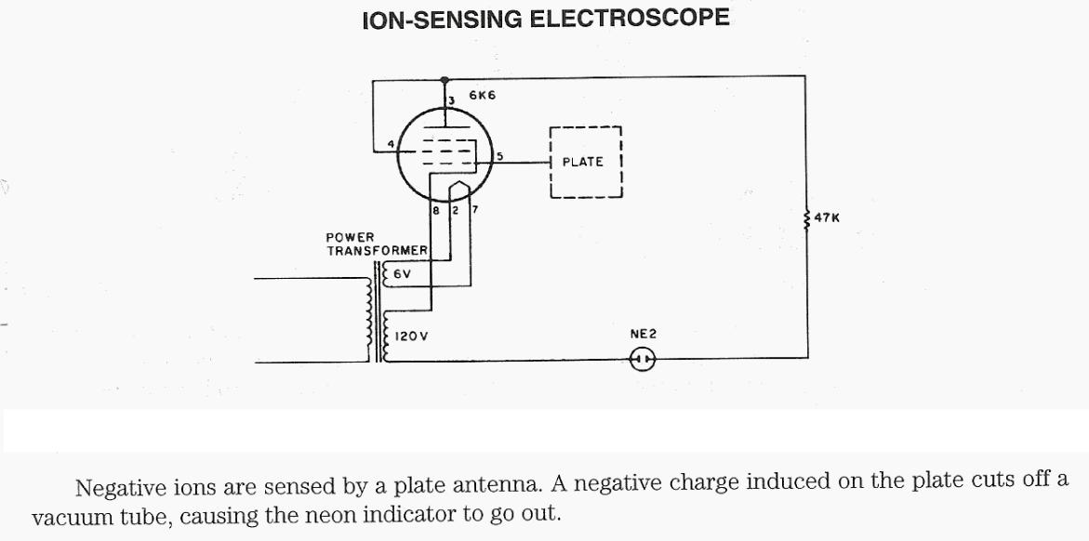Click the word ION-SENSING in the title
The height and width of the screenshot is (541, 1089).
[x=439, y=18]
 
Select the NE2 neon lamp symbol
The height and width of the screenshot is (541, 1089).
[x=643, y=359]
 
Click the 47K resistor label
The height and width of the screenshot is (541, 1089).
[x=827, y=218]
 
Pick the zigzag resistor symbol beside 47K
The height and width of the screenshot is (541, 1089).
[x=805, y=218]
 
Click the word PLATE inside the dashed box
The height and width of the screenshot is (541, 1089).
[x=583, y=162]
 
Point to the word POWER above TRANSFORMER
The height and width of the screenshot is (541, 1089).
[x=350, y=238]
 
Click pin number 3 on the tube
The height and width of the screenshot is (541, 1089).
[x=450, y=100]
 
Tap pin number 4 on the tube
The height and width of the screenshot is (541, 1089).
[x=391, y=142]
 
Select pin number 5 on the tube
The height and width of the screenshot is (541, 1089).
[x=499, y=156]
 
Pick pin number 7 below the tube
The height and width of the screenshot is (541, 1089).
[x=473, y=210]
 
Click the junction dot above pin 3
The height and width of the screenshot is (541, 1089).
[x=445, y=80]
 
